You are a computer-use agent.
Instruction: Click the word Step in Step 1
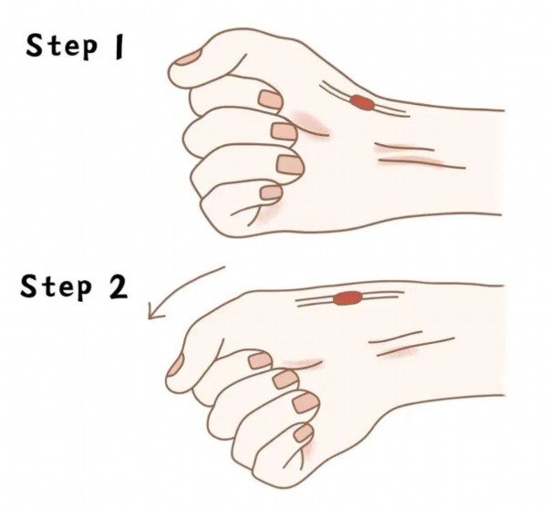(61, 47)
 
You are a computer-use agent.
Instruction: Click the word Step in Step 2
(57, 287)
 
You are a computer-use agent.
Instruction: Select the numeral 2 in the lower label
(119, 286)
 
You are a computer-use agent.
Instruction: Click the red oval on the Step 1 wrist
(362, 102)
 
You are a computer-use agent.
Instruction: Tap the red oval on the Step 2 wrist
(347, 298)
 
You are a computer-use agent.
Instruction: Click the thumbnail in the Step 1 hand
(189, 57)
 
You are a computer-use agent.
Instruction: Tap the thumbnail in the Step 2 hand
(175, 365)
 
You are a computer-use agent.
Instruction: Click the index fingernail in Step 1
(271, 99)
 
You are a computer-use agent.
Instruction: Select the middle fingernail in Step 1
(284, 131)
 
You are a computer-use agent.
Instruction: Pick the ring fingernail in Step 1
(290, 164)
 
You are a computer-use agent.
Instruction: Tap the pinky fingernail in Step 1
(272, 193)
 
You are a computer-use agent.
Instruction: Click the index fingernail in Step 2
(260, 360)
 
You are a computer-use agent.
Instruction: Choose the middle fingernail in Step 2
(285, 380)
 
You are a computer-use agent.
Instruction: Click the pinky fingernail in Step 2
(304, 433)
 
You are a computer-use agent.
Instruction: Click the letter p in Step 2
(85, 290)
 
